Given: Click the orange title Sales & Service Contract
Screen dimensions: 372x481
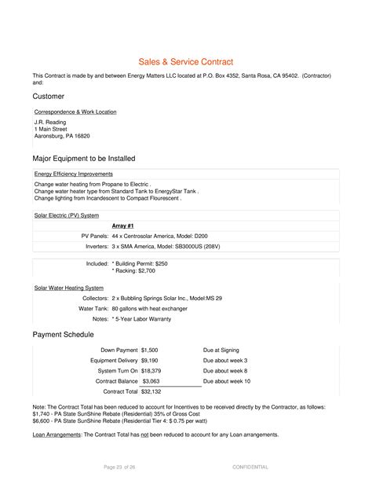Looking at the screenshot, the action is pos(186,61).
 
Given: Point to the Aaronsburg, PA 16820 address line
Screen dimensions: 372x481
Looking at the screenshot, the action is pos(67,136).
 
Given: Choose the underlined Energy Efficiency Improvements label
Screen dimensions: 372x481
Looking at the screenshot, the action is pos(74,174).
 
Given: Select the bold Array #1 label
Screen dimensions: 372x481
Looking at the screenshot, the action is pos(124,226).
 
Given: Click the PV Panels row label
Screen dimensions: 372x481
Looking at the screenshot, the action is pos(95,236).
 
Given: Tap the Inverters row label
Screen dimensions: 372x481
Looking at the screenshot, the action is pos(95,246).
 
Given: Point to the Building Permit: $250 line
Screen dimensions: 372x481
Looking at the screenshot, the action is pos(142,263).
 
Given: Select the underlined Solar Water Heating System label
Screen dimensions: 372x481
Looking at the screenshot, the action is pos(69,288).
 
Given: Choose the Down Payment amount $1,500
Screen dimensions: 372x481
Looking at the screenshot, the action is pos(150,349).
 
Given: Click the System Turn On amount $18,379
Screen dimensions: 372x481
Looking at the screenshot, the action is pos(151,370).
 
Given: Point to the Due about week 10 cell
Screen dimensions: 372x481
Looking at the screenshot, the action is pos(227,380).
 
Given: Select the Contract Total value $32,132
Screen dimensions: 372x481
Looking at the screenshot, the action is pos(151,391).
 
